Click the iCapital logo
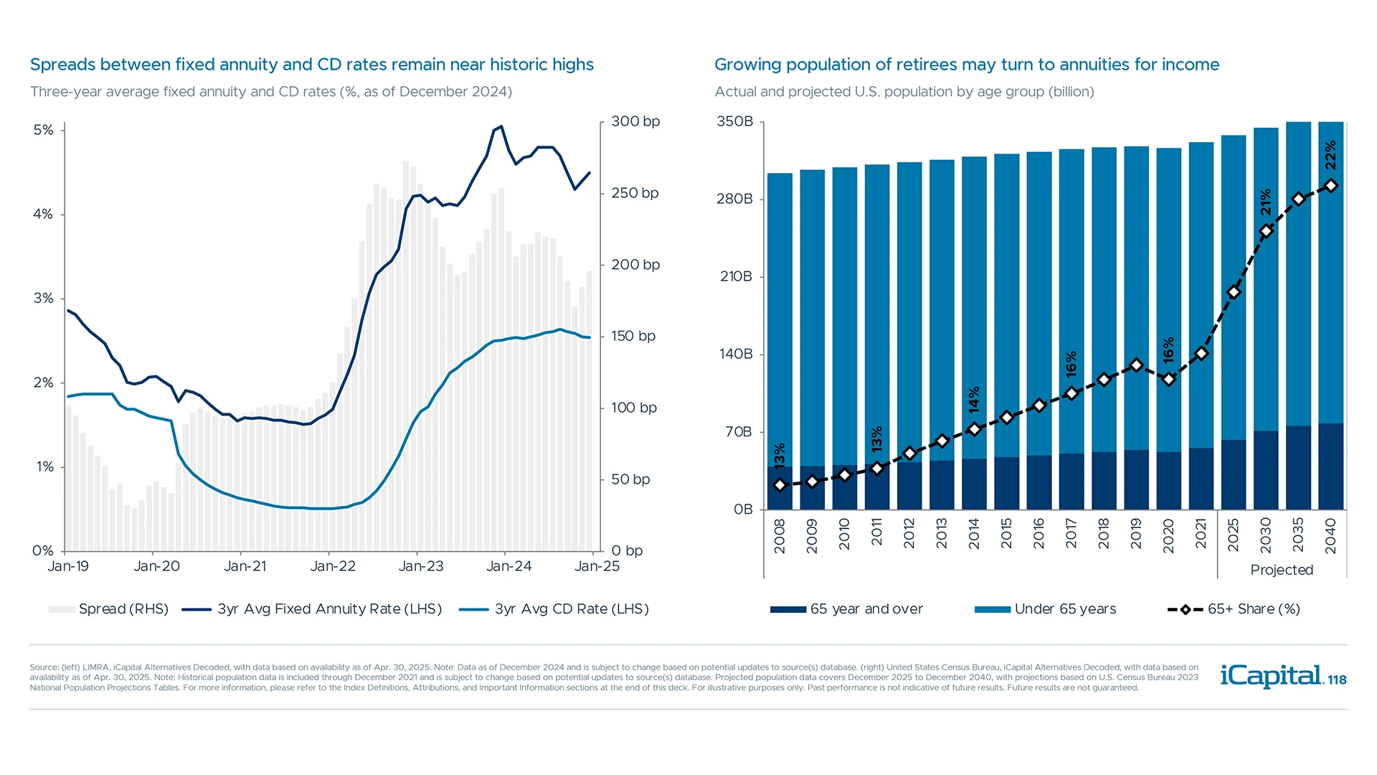coord(1271,675)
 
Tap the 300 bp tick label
coord(635,121)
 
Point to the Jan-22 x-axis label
coord(333,566)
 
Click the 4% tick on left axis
coord(43,214)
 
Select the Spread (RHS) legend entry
coord(108,609)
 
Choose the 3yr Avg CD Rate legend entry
coord(554,609)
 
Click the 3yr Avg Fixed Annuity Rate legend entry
coord(312,609)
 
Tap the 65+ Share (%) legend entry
coord(1234,609)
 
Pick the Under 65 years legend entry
coord(1046,609)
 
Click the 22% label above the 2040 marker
coord(1330,155)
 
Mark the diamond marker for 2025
coord(1234,292)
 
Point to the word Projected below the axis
coord(1282,570)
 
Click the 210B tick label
coord(736,276)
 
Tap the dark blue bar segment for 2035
coord(1298,467)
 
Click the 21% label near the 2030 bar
coord(1266,202)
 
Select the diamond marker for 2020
coord(1169,379)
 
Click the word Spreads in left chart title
coord(62,65)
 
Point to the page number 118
coord(1337,680)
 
